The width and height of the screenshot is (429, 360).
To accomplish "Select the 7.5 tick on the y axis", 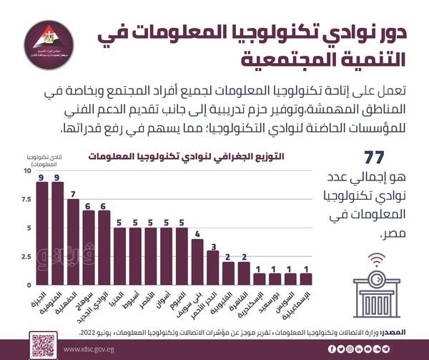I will (x=26, y=200).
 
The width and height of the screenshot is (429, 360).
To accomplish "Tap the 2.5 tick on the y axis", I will (x=26, y=256).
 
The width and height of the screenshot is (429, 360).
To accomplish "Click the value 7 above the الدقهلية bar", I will (x=73, y=193).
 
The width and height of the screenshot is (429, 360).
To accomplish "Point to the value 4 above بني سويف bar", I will (x=197, y=233).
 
